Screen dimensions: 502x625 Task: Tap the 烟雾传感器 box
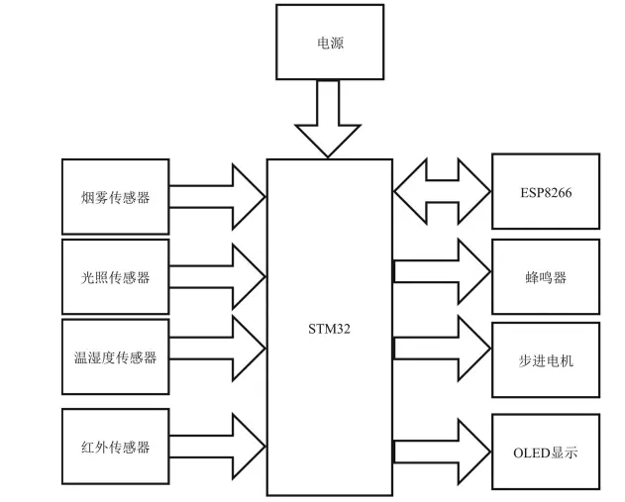[115, 196]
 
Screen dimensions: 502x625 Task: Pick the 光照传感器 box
[115, 276]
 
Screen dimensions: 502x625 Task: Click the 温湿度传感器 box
[115, 357]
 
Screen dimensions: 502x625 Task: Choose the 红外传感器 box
[115, 447]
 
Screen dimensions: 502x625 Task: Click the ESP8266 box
[545, 191]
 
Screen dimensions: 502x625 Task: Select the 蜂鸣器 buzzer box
[545, 277]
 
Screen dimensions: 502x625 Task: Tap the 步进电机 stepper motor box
[545, 360]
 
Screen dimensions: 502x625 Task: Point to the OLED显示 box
[545, 452]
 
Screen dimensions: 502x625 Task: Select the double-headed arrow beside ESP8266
[443, 191]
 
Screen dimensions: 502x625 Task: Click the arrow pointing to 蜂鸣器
[443, 270]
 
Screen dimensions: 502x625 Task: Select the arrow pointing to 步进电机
[443, 347]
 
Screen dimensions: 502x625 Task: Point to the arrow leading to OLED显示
[443, 450]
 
